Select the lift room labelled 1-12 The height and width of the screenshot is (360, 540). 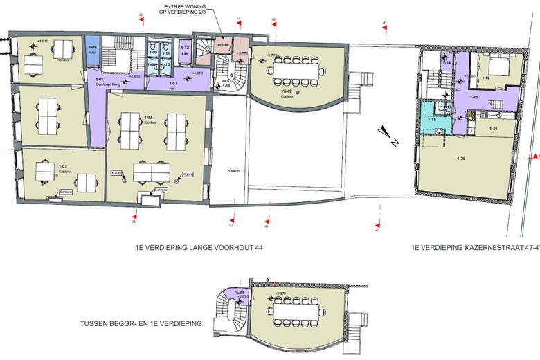pos(185,51)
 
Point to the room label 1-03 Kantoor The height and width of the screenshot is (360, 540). pos(62,168)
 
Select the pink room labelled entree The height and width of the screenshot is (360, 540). pos(224,45)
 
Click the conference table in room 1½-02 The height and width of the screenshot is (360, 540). pos(298,69)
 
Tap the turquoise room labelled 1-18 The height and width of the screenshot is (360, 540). pos(431,119)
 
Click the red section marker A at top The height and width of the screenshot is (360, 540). pos(385,23)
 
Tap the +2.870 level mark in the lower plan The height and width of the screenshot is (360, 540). pos(280,294)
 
